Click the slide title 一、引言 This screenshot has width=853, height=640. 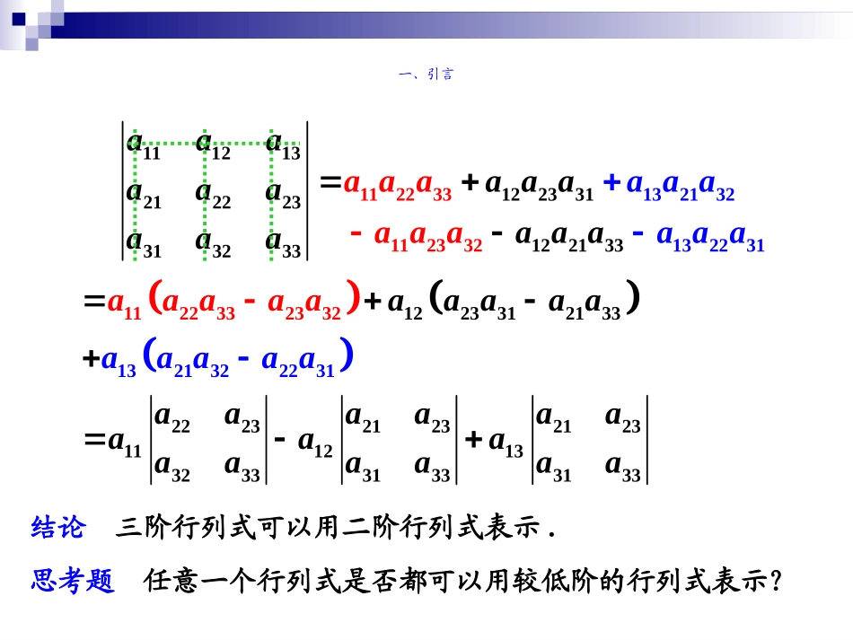click(x=426, y=75)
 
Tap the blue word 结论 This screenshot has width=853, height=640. click(x=57, y=528)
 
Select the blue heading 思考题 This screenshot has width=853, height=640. click(x=73, y=582)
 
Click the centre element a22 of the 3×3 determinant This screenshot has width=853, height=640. click(x=214, y=194)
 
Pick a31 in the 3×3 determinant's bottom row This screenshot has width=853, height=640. click(x=144, y=243)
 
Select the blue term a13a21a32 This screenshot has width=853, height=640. click(x=681, y=186)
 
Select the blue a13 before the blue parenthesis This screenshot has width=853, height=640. click(x=120, y=361)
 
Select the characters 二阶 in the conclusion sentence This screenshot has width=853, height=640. click(x=372, y=528)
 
